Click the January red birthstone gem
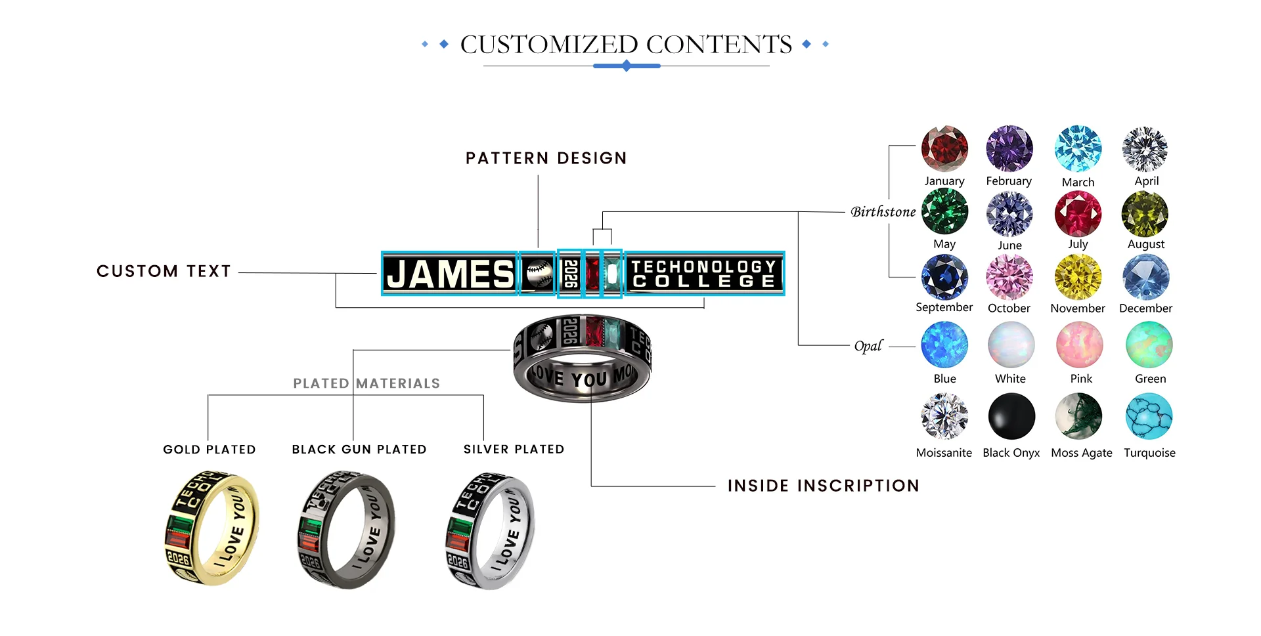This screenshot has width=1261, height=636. click(x=944, y=149)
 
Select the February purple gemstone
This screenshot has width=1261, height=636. click(x=1009, y=149)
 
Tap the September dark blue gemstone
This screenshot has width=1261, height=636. click(x=944, y=278)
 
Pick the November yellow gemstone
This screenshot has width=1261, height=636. click(x=1078, y=278)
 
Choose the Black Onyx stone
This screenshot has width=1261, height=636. click(x=1011, y=416)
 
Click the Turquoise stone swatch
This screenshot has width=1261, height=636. click(x=1149, y=416)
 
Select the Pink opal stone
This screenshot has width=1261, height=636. click(x=1080, y=345)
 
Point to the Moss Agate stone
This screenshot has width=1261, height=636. click(x=1078, y=416)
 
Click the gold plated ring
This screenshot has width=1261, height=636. click(x=211, y=528)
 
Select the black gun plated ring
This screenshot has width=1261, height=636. click(x=346, y=529)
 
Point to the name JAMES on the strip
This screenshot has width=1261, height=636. click(x=451, y=274)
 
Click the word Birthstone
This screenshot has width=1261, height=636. click(x=883, y=212)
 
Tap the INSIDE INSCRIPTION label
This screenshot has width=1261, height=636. click(x=823, y=486)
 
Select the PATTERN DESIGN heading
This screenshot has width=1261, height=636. click(x=546, y=158)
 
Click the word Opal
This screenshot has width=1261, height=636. click(x=868, y=346)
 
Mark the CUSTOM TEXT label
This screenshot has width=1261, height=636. click(x=164, y=271)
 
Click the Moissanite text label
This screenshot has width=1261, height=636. click(x=944, y=453)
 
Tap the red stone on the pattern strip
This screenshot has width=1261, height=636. click(x=592, y=274)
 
